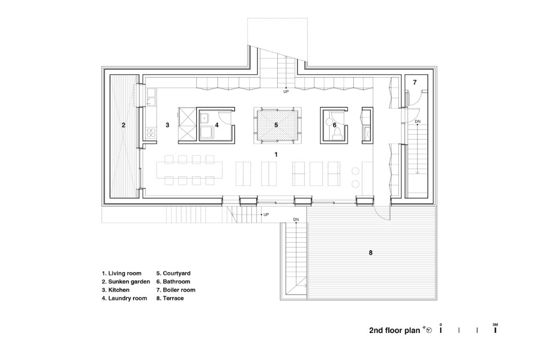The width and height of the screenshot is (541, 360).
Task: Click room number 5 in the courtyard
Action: (x=276, y=125)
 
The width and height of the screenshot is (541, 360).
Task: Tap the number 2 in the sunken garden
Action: (x=123, y=125)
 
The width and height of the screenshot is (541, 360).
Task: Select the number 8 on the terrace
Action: (x=371, y=253)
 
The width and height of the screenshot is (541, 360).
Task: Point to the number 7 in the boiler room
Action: (x=415, y=82)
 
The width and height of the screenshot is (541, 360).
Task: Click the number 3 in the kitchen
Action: (x=168, y=125)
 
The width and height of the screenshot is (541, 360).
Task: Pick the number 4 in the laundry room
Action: (x=216, y=125)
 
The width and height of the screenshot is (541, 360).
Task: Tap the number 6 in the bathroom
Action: (x=335, y=125)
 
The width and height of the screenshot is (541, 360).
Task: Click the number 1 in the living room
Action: (x=276, y=154)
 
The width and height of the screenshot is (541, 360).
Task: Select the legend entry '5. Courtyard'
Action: (x=173, y=273)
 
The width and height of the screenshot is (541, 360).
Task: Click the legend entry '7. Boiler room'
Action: (x=176, y=290)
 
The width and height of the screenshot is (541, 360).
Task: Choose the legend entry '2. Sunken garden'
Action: (x=126, y=282)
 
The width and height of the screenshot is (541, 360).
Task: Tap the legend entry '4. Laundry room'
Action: (x=124, y=298)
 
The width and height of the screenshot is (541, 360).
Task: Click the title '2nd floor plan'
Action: (x=394, y=330)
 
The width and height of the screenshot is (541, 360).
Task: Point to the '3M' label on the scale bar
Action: (x=495, y=325)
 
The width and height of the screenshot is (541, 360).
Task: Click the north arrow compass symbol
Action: (x=428, y=330)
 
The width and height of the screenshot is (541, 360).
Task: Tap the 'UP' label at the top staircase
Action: (x=286, y=92)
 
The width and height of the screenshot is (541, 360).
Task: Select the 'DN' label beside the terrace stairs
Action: (x=296, y=220)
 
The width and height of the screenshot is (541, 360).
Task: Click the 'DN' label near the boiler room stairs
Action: (x=418, y=121)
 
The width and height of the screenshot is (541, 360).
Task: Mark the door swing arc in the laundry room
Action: (x=227, y=121)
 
